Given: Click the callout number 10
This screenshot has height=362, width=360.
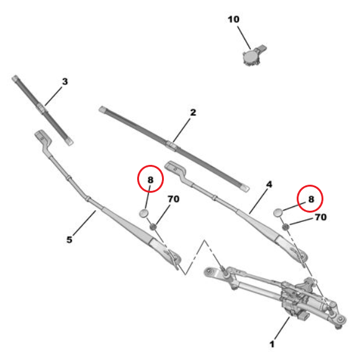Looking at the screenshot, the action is [233, 19].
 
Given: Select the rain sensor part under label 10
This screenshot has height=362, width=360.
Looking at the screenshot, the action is [253, 55].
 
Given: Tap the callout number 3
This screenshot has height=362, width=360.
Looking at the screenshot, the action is [65, 81].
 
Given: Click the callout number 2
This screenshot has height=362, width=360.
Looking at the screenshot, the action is [193, 112].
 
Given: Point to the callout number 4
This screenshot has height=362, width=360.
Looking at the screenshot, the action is [269, 184].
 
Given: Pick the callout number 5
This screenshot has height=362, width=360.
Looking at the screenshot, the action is [70, 240].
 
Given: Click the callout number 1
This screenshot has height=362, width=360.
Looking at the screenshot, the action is [272, 344].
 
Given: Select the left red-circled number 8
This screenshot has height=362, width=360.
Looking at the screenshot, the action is [150, 180].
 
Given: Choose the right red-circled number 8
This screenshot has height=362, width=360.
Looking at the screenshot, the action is [311, 199].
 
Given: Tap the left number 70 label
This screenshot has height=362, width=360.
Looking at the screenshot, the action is [173, 199].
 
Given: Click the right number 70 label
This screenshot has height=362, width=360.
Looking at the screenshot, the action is [321, 217].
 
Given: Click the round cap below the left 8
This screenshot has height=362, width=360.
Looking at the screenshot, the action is [143, 213].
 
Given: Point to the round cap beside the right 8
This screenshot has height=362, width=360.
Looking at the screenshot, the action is [277, 213].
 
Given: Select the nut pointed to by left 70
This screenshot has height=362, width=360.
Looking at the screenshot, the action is [153, 227].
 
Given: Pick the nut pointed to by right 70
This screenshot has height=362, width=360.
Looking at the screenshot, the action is [286, 227].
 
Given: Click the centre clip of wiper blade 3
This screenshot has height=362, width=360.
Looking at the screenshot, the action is [42, 108].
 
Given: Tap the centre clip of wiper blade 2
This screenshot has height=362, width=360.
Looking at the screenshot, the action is [171, 146].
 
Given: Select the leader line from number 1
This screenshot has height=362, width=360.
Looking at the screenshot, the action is [282, 329].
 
